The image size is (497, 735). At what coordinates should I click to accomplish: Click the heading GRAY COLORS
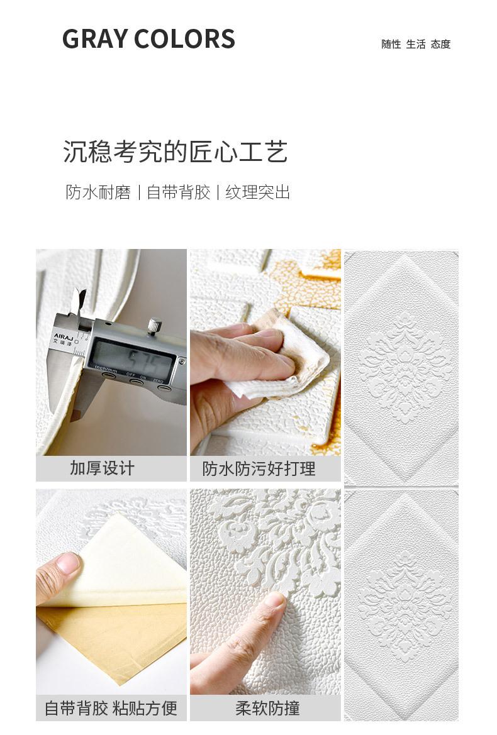[x=148, y=39]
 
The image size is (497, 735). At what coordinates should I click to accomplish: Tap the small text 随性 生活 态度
[x=416, y=44]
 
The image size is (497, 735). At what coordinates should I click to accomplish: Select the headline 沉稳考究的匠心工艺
[x=175, y=152]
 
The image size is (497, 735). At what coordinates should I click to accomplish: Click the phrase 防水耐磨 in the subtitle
[x=98, y=192]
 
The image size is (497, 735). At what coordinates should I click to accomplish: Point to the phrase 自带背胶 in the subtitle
[x=178, y=192]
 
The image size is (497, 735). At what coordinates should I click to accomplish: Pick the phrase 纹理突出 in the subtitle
[x=258, y=192]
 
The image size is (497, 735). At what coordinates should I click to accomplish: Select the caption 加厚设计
[x=102, y=468]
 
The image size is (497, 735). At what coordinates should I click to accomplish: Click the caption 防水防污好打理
[x=259, y=468]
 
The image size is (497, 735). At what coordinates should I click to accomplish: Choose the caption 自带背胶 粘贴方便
[x=111, y=708]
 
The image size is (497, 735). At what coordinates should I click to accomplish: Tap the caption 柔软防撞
[x=267, y=708]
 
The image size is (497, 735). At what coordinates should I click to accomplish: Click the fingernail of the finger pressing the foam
[x=275, y=600]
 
